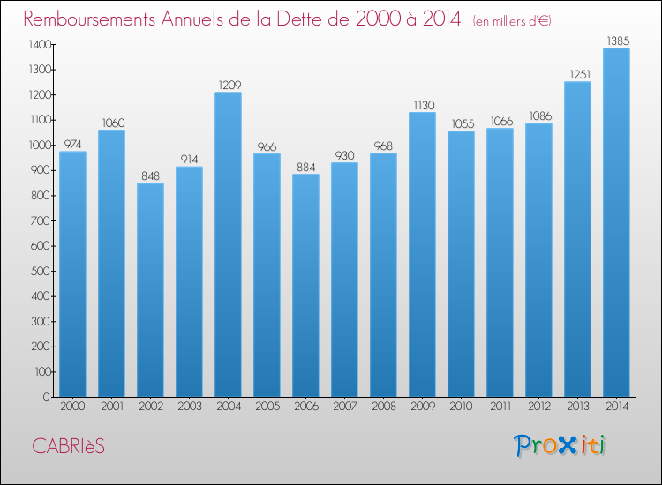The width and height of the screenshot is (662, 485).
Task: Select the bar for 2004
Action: pyautogui.click(x=228, y=244)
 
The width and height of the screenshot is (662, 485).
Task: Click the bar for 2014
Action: pyautogui.click(x=616, y=222)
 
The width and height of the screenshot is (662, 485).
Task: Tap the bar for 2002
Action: pyautogui.click(x=150, y=290)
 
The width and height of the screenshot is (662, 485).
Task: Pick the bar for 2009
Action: pyautogui.click(x=422, y=254)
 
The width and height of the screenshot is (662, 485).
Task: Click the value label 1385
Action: pyautogui.click(x=618, y=41)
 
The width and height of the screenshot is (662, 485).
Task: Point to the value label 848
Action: pyautogui.click(x=150, y=175)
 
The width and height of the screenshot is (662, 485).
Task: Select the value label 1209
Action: pyautogui.click(x=229, y=86)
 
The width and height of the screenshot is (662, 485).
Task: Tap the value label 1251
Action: pyautogui.click(x=580, y=75)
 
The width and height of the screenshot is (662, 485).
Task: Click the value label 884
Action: pyautogui.click(x=305, y=167)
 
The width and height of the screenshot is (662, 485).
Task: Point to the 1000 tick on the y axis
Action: pyautogui.click(x=40, y=145)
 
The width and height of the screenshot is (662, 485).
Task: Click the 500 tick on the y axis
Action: pyautogui.click(x=41, y=272)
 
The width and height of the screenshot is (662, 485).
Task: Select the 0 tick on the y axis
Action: pyautogui.click(x=47, y=397)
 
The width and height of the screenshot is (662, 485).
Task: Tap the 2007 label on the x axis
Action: pyautogui.click(x=345, y=407)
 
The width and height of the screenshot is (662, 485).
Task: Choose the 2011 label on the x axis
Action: pyautogui.click(x=500, y=407)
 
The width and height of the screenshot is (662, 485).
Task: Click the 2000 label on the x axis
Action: pyautogui.click(x=72, y=407)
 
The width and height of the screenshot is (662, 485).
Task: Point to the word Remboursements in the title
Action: pyautogui.click(x=89, y=19)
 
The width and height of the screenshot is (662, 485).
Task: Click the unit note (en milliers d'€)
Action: pyautogui.click(x=512, y=20)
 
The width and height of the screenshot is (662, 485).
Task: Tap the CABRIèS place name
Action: pyautogui.click(x=68, y=446)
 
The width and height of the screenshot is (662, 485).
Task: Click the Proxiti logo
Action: pyautogui.click(x=560, y=445)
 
